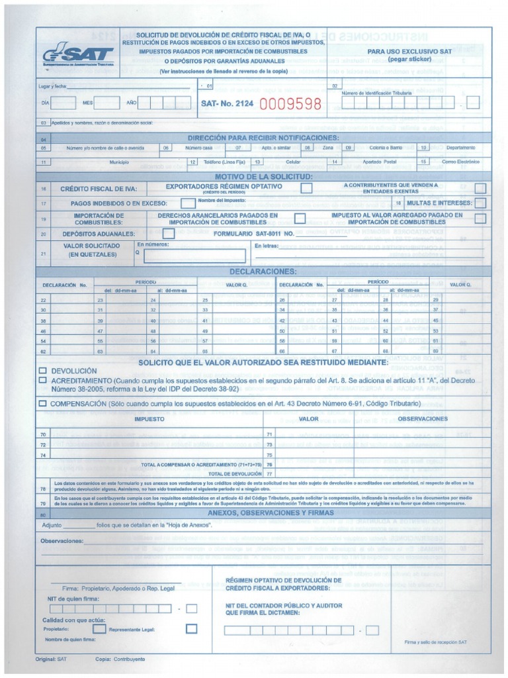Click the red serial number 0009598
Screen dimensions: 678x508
[x=290, y=103]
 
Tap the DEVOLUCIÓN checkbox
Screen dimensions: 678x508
[x=43, y=371]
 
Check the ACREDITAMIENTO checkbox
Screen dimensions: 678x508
[x=43, y=381]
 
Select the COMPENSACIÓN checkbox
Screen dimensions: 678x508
[x=43, y=403]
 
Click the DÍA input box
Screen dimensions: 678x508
[x=63, y=103]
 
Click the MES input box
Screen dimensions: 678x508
[x=107, y=103]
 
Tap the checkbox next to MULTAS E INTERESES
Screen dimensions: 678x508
[x=480, y=203]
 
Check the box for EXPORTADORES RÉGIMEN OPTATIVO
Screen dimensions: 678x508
[x=306, y=189]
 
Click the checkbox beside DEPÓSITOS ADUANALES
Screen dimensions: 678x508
[x=168, y=234]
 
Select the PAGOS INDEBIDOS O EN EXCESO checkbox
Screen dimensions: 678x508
[x=187, y=203]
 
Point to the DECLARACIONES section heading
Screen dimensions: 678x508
[x=263, y=271]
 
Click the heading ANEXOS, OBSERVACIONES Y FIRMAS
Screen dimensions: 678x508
[x=263, y=514]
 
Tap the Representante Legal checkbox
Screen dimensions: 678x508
[x=192, y=628]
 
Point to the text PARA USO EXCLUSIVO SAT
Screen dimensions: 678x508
[x=409, y=51]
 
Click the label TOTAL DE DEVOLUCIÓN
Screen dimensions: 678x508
[x=235, y=474]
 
